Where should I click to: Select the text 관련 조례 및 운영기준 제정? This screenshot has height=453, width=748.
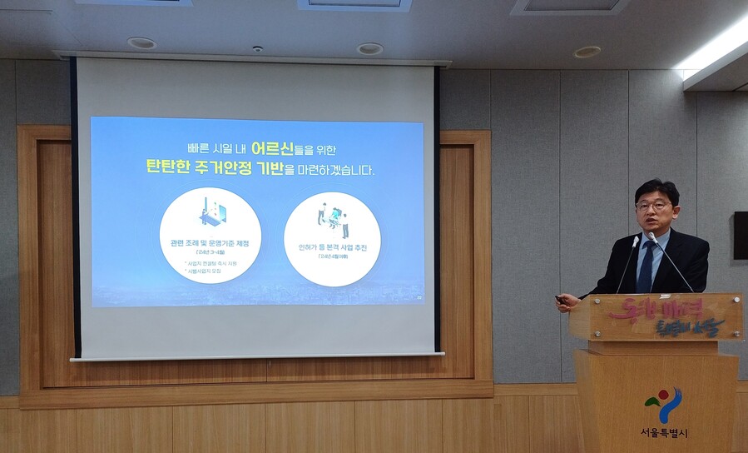tap(210, 243)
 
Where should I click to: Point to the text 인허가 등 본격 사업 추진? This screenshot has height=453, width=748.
tap(332, 247)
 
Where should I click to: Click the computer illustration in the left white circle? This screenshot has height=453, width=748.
tap(211, 212)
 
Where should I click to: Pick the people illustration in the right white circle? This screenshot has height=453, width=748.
tap(332, 218)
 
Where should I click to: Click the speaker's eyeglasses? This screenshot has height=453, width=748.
tap(654, 206)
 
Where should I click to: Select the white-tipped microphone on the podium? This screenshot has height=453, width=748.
tap(652, 238)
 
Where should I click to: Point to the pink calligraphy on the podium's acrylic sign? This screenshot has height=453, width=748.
tap(666, 316)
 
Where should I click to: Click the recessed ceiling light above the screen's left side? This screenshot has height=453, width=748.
tap(141, 42)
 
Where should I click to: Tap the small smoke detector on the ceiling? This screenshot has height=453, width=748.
tap(258, 49)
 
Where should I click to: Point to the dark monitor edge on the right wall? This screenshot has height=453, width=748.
tap(740, 235)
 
